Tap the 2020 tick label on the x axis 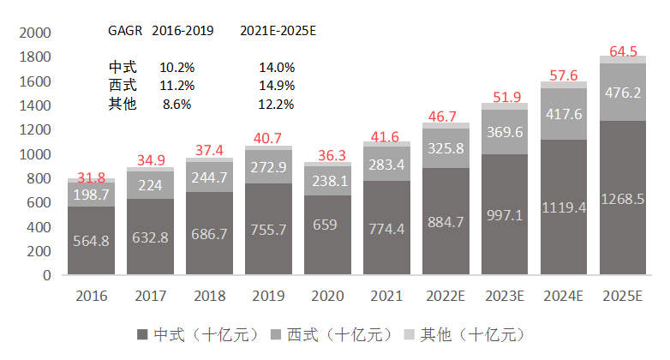(327, 296)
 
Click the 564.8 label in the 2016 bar (91, 241)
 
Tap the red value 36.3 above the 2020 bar (327, 156)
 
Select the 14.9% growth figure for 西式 (277, 85)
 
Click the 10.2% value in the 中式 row (177, 67)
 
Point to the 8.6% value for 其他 (176, 104)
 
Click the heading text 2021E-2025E (278, 30)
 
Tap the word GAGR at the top (126, 30)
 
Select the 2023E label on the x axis (505, 296)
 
